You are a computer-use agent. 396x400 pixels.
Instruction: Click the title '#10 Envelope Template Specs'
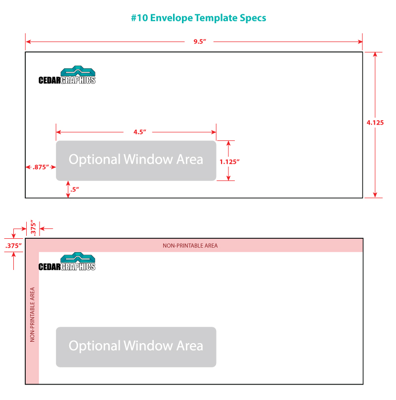[x=199, y=18]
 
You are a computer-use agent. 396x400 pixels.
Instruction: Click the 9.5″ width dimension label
[x=200, y=42]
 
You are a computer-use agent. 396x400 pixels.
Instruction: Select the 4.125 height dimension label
[x=375, y=123]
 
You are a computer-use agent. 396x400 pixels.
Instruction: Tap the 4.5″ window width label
[x=140, y=132]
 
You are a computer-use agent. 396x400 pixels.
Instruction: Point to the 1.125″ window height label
[x=229, y=162]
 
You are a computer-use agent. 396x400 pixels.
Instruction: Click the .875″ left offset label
[x=41, y=167]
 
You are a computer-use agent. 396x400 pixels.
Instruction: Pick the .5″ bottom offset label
[x=75, y=189]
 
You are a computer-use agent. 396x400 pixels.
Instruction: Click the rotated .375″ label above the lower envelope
[x=33, y=227]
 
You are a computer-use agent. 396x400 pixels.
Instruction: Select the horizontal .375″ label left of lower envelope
[x=13, y=246]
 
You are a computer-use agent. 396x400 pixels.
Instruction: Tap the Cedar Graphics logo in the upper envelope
[x=67, y=75]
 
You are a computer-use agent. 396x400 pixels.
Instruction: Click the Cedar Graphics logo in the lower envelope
[x=67, y=262]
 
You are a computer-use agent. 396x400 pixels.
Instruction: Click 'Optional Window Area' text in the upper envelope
[x=136, y=159]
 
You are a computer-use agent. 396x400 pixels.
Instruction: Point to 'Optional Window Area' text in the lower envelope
[x=136, y=346]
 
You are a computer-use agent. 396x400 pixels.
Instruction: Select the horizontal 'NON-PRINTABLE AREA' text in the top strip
[x=190, y=246]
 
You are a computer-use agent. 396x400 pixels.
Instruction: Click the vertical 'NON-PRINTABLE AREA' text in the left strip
[x=32, y=314]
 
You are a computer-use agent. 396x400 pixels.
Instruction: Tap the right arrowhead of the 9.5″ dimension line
[x=360, y=42]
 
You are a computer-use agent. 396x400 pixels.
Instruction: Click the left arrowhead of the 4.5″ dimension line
[x=58, y=132]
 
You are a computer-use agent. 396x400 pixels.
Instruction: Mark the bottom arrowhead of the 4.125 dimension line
[x=375, y=195]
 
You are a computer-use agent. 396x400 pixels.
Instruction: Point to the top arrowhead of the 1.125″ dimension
[x=228, y=143]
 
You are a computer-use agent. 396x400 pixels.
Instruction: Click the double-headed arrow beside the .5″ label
[x=68, y=189]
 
